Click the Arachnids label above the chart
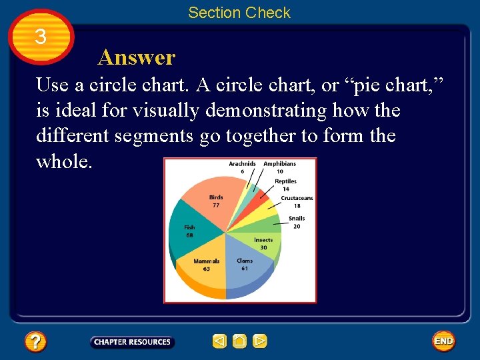[x=242, y=164]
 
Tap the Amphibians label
[x=279, y=164]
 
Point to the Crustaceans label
[x=297, y=198]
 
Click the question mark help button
[x=35, y=342]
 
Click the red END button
[x=443, y=341]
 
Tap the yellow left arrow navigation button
[x=219, y=341]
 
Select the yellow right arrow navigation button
[x=260, y=341]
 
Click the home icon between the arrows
[x=239, y=341]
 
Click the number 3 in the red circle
[x=41, y=37]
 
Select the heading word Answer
[x=136, y=58]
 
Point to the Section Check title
[x=239, y=13]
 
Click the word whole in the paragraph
[x=64, y=161]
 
